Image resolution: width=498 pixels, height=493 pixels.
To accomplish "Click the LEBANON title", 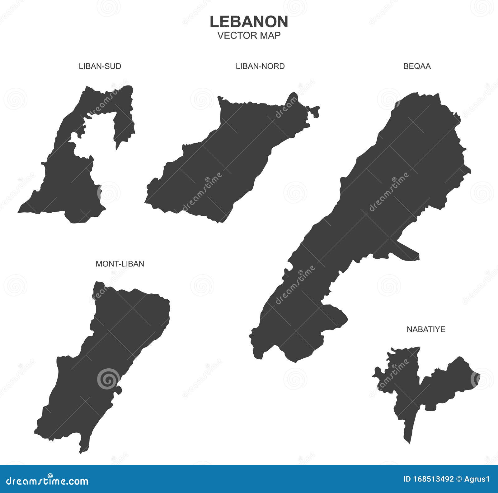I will coord(249,22).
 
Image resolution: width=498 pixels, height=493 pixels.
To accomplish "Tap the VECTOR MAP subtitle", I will coord(249,35).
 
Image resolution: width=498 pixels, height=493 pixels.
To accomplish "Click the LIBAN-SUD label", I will coord(100,66).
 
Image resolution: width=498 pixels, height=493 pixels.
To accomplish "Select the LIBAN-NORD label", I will coord(260,66).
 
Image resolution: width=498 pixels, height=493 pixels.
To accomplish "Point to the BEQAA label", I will coord(417,66).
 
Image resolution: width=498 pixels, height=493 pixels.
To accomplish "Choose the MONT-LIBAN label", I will coord(120,264).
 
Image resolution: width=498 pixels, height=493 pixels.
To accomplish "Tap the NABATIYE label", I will coord(426,329).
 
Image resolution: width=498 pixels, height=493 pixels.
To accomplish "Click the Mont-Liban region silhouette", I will coord(103,357).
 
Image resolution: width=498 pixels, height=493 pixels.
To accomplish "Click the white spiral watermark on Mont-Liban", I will coord(108,379).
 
